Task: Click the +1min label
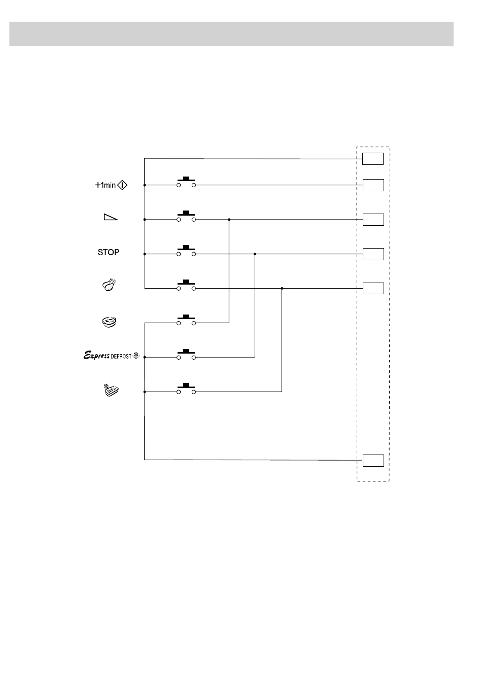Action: pos(105,185)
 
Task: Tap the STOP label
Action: pos(108,252)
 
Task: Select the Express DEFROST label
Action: pos(112,355)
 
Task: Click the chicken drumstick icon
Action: pos(109,285)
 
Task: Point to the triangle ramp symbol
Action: pos(111,217)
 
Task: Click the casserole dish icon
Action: pos(109,322)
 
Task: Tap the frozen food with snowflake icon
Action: pos(111,390)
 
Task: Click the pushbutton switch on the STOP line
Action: pos(186,251)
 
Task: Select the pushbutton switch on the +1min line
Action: pos(186,182)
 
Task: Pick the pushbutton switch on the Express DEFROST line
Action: pos(186,354)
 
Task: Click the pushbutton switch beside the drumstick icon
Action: pos(186,285)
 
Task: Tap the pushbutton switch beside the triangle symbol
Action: pos(186,216)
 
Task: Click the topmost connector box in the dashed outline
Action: pos(373,159)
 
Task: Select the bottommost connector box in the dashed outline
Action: pos(373,461)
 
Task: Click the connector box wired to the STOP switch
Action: pos(373,254)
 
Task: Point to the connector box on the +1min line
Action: pos(373,185)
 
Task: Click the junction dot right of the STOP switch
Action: pos(255,254)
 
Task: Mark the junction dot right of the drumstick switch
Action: pos(282,289)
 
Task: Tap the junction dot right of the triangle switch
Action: pos(229,220)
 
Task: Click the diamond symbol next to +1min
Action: pos(122,185)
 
